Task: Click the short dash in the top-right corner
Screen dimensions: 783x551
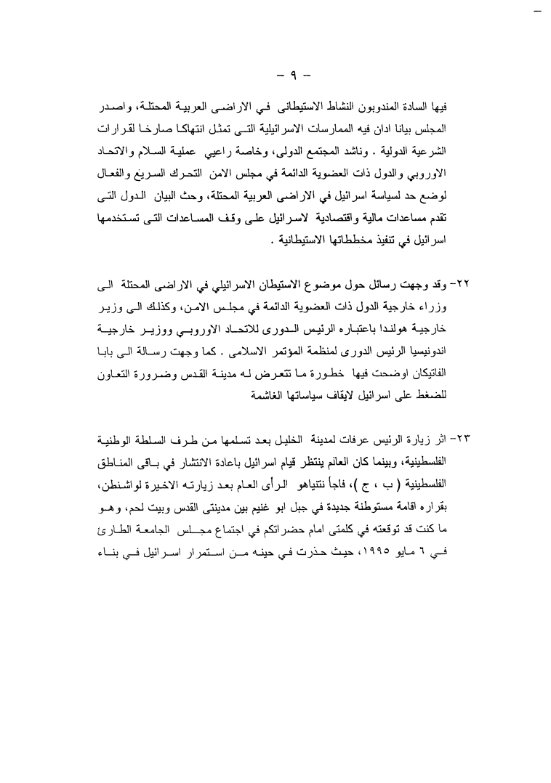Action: (538, 13)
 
